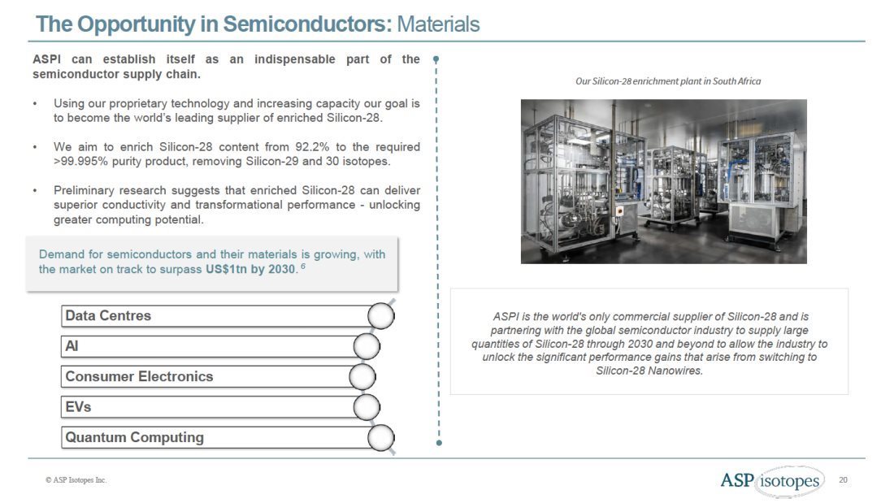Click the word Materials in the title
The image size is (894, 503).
click(438, 24)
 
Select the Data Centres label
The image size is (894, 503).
click(108, 316)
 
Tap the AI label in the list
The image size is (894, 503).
click(72, 346)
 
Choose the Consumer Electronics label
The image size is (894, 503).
click(139, 377)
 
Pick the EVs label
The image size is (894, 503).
click(78, 407)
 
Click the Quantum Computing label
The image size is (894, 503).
click(134, 437)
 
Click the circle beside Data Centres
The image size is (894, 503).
click(381, 316)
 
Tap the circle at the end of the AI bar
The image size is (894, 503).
click(367, 347)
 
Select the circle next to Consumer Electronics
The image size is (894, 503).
click(362, 377)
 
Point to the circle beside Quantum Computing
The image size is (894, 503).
click(381, 438)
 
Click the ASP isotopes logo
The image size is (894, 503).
click(770, 481)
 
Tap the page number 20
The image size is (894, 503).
click(843, 480)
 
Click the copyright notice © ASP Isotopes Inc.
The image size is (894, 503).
click(76, 480)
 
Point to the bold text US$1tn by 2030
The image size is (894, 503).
click(250, 270)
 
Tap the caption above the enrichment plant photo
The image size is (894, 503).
click(667, 81)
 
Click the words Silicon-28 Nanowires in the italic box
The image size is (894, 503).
click(649, 371)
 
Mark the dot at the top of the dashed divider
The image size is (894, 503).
click(437, 59)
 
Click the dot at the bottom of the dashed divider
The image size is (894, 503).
click(439, 443)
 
